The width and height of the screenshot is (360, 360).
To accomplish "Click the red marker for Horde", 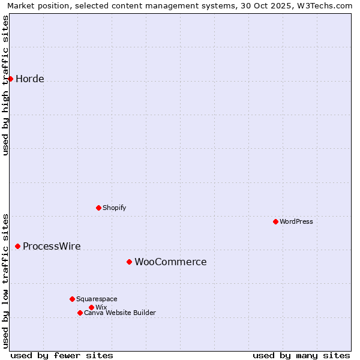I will (x=10, y=79).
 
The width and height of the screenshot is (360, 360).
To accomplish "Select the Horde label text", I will (x=30, y=79).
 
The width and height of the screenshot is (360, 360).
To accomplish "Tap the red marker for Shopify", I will (x=98, y=208).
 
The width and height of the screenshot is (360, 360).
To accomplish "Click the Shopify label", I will (x=114, y=208).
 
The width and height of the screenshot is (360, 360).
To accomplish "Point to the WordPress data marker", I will (x=275, y=221).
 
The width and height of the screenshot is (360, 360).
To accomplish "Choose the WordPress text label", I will (x=296, y=222).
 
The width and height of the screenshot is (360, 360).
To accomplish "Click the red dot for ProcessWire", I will (x=17, y=246).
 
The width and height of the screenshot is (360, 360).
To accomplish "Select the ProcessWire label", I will (x=52, y=247).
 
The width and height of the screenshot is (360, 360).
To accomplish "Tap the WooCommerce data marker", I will (x=129, y=262).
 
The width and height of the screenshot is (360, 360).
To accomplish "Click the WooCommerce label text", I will (x=170, y=262).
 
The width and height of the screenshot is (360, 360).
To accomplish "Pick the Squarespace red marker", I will (x=72, y=299).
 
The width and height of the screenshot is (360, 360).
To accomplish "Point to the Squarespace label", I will (x=97, y=299).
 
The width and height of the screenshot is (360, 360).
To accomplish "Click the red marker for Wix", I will (x=91, y=307).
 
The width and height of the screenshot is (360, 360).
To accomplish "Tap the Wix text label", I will (x=101, y=308).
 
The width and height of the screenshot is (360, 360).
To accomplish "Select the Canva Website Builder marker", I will (x=80, y=313).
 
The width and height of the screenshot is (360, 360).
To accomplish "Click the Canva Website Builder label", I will (x=120, y=313).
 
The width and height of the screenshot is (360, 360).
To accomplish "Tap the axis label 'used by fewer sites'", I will (x=62, y=355).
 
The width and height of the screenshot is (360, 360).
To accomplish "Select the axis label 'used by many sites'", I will (x=301, y=355).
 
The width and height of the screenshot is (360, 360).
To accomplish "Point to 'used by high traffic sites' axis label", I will (x=5, y=85).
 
